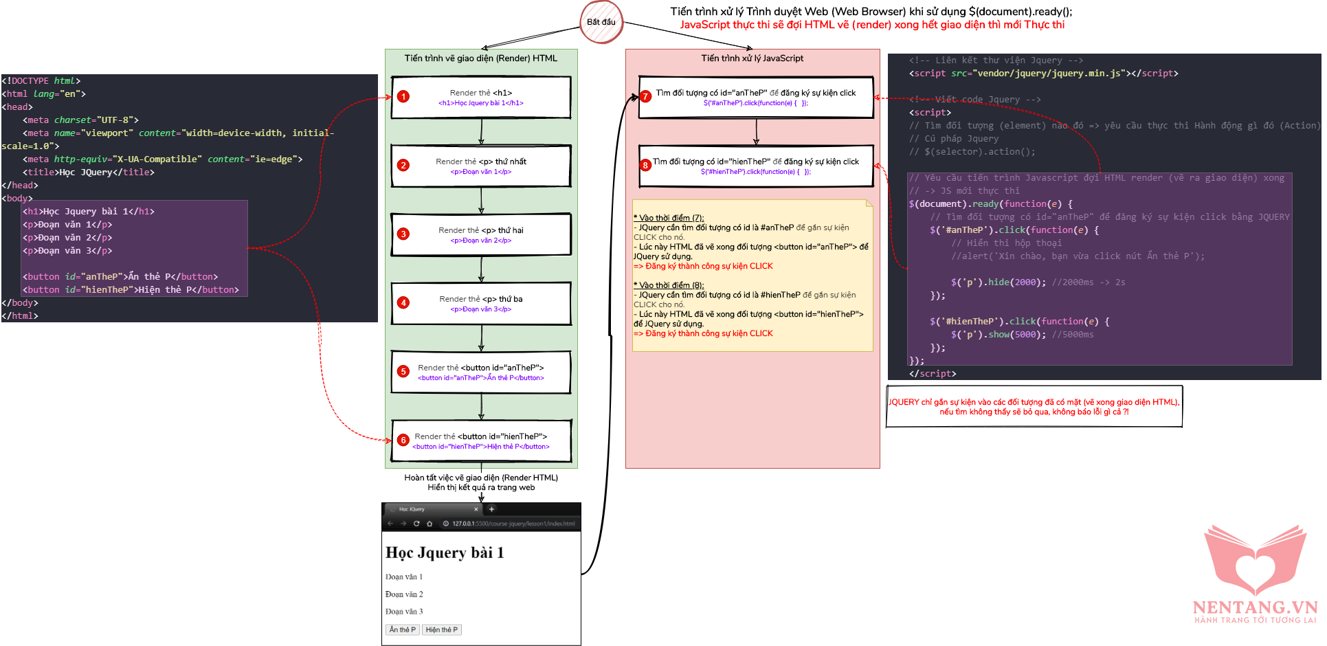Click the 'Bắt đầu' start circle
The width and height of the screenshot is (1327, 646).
[601, 22]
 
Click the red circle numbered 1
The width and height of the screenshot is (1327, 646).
[403, 97]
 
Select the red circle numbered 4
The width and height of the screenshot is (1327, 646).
[403, 303]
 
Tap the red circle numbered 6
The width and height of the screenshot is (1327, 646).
[403, 440]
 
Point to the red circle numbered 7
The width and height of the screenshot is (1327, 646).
[645, 97]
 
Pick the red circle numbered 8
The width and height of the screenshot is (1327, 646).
[645, 166]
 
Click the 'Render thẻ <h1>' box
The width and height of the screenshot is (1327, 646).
[481, 98]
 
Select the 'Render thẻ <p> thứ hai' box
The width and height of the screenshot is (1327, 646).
[481, 235]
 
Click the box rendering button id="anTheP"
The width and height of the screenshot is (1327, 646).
[481, 372]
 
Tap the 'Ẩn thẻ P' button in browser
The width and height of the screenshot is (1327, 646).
[402, 630]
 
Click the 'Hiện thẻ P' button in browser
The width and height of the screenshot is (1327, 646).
[441, 630]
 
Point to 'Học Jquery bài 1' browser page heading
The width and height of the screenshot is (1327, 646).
[445, 553]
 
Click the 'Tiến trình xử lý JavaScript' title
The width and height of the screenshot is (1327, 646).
[752, 58]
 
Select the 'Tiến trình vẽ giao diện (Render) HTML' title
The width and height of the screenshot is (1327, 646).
[480, 58]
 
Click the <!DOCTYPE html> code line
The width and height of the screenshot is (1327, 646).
[41, 81]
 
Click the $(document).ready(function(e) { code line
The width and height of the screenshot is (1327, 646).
[990, 204]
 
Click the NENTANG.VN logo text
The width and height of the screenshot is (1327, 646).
[1255, 608]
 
